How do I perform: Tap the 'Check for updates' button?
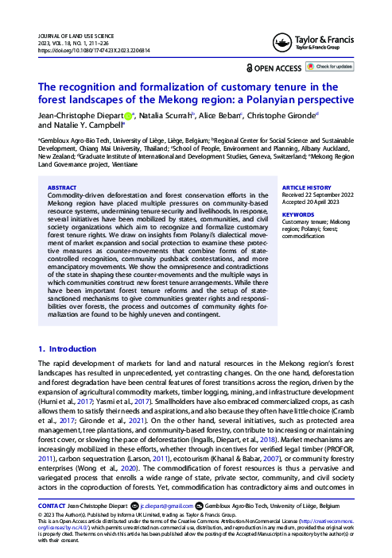coord(331,67)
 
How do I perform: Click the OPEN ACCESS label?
coord(275,68)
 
